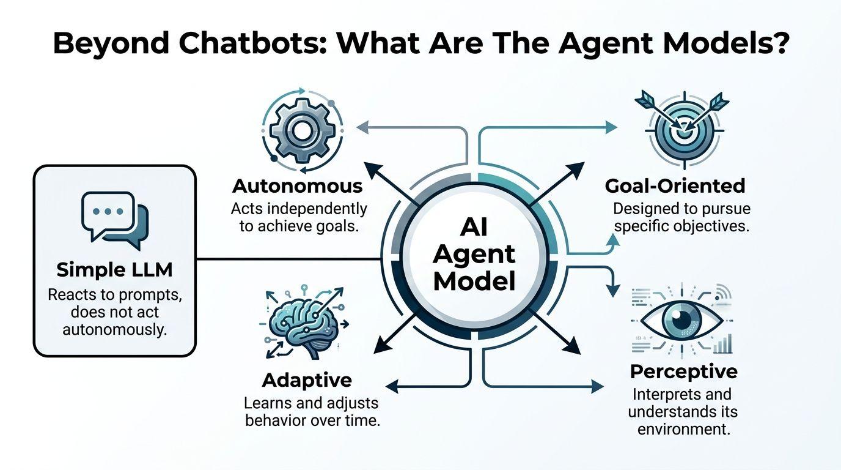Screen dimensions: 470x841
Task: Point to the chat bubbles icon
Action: click(115, 220)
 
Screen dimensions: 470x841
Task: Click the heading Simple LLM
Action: click(115, 269)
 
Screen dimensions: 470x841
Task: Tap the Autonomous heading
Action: click(298, 185)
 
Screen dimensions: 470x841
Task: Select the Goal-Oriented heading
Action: click(675, 185)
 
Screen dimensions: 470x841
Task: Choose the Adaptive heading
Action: click(307, 380)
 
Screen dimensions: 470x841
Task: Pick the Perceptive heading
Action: click(684, 371)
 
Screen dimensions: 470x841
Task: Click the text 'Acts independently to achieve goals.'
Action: click(299, 217)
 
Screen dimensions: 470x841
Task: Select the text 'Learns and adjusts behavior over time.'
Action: click(312, 412)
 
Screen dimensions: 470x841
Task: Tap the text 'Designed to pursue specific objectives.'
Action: click(681, 217)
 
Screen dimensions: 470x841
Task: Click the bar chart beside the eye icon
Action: click(724, 345)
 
